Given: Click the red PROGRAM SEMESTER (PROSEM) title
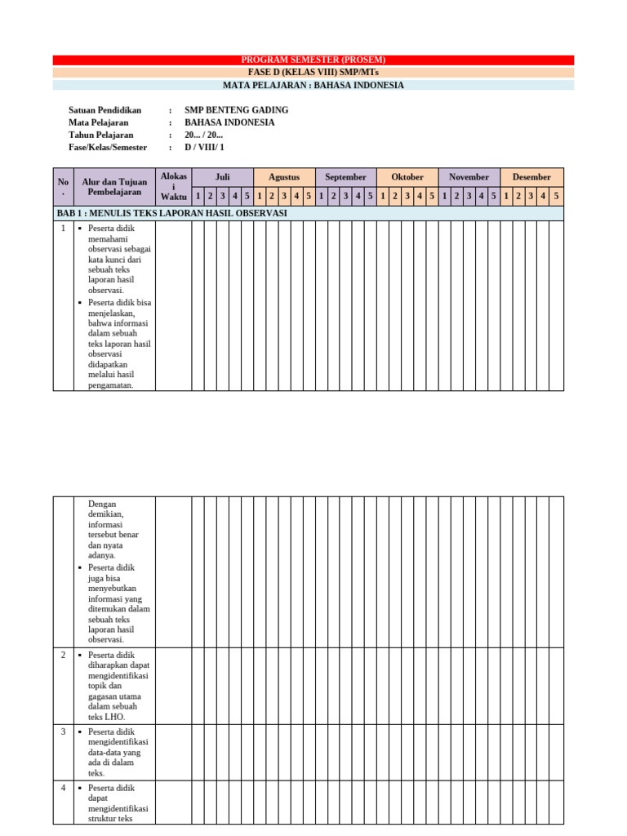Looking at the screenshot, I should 313,60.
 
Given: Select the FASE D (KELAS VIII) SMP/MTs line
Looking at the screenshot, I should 313,72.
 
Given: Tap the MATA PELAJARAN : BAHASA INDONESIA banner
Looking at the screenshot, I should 313,85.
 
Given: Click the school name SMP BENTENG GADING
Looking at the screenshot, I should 236,110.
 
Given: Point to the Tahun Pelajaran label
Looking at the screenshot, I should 101,135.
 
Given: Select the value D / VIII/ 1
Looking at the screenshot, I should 204,147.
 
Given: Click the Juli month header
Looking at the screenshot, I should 222,177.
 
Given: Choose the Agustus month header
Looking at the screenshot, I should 284,177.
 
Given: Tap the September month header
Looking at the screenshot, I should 345,177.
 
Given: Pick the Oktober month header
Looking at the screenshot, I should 407,177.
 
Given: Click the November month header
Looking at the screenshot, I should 469,177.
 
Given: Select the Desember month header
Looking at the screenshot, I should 531,177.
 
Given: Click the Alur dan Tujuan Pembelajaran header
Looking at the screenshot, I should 114,186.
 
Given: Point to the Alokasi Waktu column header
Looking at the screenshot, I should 173,186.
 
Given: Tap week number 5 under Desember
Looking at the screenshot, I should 556,196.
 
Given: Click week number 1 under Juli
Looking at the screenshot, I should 198,196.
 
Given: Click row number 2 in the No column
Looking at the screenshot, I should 63,655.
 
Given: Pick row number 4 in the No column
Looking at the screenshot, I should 63,788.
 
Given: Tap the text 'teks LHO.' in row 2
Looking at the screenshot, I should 106,717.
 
